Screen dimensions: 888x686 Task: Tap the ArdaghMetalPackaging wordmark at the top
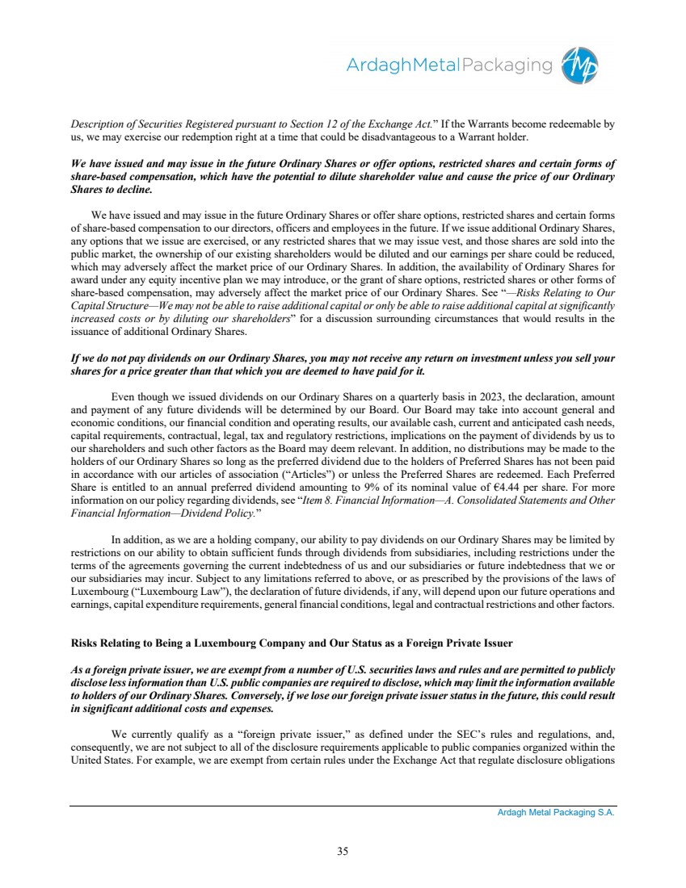(448, 65)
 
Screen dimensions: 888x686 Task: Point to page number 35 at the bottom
(343, 850)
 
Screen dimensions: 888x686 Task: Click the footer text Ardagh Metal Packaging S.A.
(556, 813)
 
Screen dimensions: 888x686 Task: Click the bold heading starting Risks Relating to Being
(292, 643)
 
